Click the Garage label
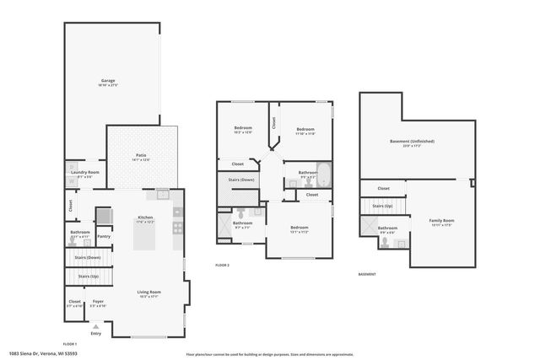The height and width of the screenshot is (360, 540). click(x=108, y=82)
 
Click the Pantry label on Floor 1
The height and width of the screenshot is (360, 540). click(x=104, y=237)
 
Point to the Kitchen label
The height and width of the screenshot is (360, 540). click(x=145, y=218)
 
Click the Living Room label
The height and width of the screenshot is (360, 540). click(x=149, y=293)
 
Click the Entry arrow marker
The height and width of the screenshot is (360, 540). click(x=94, y=327)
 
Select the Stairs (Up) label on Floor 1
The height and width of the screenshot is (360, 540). click(x=88, y=276)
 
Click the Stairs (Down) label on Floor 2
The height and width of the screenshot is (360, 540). click(x=242, y=180)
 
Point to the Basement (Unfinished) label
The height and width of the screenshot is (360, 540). click(x=412, y=142)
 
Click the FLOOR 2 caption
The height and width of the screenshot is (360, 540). click(x=222, y=265)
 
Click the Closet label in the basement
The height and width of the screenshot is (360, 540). click(x=383, y=189)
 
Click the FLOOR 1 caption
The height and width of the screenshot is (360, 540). click(x=70, y=344)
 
